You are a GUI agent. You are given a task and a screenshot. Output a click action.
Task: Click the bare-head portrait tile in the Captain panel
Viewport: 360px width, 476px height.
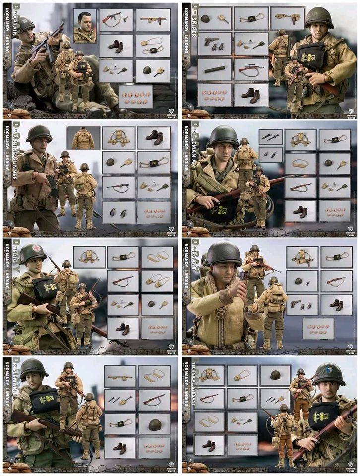click(x=84, y=26)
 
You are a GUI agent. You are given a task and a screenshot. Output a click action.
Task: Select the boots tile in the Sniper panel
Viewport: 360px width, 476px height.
click(x=251, y=94)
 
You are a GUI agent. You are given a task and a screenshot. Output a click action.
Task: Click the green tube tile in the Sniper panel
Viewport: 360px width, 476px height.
click(x=214, y=69)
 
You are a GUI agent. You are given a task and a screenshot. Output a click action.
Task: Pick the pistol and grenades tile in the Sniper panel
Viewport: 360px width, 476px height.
click(x=214, y=44)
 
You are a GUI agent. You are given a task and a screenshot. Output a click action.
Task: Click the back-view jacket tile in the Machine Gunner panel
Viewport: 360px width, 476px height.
click(x=83, y=138)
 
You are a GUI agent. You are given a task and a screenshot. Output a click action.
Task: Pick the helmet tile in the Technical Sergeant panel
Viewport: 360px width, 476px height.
click(x=275, y=376)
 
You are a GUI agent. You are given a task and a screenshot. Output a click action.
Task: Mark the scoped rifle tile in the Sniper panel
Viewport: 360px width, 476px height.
click(x=251, y=69)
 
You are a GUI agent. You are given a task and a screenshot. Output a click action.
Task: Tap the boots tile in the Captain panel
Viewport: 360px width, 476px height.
click(x=116, y=46)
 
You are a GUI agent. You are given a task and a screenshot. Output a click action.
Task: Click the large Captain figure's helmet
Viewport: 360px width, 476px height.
click(x=24, y=24)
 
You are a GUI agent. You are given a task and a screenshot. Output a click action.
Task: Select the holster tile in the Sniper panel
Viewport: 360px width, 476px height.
click(x=288, y=19)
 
